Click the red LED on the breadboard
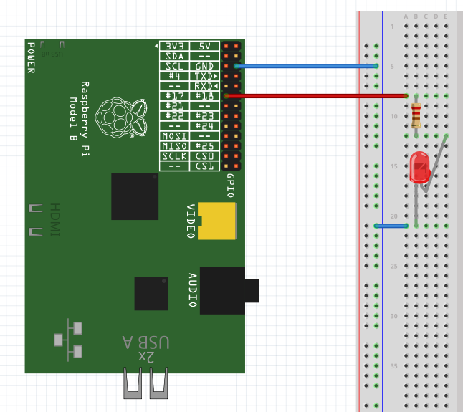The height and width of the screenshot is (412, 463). (x=418, y=167)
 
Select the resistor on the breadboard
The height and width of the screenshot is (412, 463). (x=416, y=115)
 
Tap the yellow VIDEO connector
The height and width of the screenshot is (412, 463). (x=217, y=220)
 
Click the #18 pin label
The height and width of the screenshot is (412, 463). (x=204, y=96)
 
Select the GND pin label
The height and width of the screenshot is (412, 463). (x=204, y=66)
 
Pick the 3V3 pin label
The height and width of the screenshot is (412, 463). (x=173, y=46)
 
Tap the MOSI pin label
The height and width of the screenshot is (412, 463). (x=173, y=136)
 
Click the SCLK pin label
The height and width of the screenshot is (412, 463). (x=173, y=156)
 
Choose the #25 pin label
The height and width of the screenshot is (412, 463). (x=204, y=146)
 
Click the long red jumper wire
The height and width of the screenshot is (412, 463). (x=315, y=95)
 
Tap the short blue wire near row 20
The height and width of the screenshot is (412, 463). (x=391, y=226)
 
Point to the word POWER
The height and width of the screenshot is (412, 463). (x=31, y=57)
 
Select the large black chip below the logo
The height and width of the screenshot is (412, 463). (x=135, y=196)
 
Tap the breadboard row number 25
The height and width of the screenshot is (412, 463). (x=392, y=267)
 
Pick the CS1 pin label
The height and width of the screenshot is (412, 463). (x=204, y=166)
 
